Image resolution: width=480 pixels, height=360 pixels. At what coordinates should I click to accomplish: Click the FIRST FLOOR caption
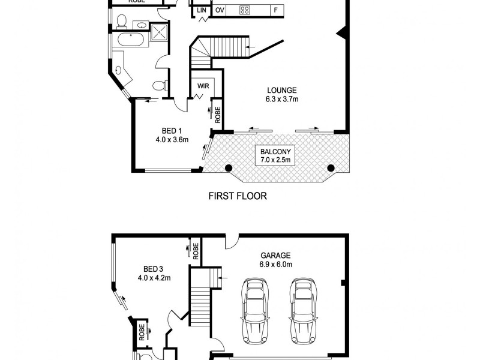pos(237,196)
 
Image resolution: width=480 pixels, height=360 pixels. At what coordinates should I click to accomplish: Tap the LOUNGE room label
pos(282,91)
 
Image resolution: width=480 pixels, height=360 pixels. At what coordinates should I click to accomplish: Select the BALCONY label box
pos(275,155)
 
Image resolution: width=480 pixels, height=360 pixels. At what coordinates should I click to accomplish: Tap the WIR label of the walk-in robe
pos(202,86)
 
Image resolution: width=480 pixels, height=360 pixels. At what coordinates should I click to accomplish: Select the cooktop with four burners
pos(245,10)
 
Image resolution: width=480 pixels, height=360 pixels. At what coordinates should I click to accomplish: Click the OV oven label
pos(220,10)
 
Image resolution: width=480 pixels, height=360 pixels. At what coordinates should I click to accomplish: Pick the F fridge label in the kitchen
pos(275,10)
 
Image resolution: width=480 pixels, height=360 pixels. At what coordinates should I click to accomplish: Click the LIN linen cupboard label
pos(200,10)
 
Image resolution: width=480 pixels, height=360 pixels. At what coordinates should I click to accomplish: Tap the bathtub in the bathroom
pos(130,41)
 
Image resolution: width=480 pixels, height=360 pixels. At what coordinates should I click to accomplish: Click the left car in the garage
pos(255,311)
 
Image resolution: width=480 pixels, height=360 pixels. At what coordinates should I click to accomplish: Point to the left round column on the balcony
pos(229,169)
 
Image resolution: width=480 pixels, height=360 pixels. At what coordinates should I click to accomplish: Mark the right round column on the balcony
pos(331,169)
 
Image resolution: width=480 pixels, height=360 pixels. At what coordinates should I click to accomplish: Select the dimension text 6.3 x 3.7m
pos(282,100)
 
